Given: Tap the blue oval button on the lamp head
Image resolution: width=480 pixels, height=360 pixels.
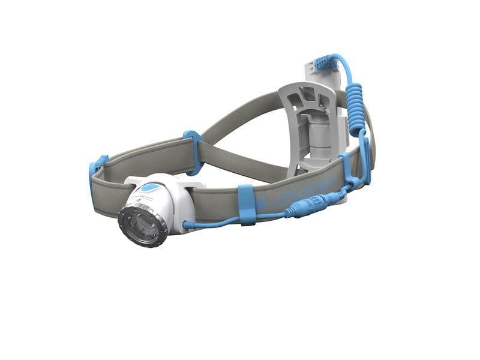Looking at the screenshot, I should [154, 188].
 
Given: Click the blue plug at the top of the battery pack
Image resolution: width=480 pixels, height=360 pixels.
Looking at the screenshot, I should [325, 62].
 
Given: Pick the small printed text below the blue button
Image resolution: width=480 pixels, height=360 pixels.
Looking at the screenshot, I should [147, 199].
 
